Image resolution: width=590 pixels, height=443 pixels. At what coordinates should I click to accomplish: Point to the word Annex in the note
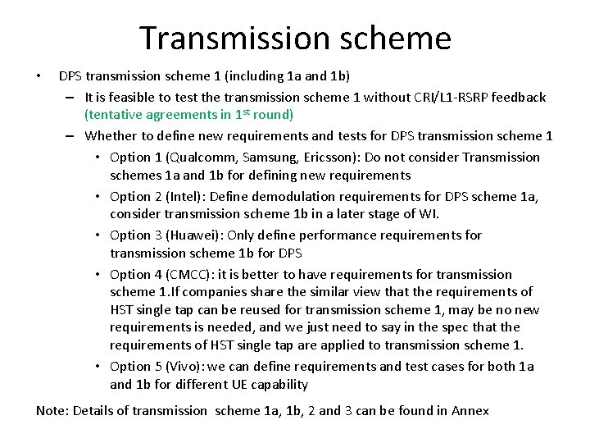(x=470, y=410)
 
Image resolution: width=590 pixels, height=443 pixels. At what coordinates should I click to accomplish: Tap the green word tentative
(x=116, y=115)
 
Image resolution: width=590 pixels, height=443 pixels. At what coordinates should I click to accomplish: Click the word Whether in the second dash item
(x=111, y=136)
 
